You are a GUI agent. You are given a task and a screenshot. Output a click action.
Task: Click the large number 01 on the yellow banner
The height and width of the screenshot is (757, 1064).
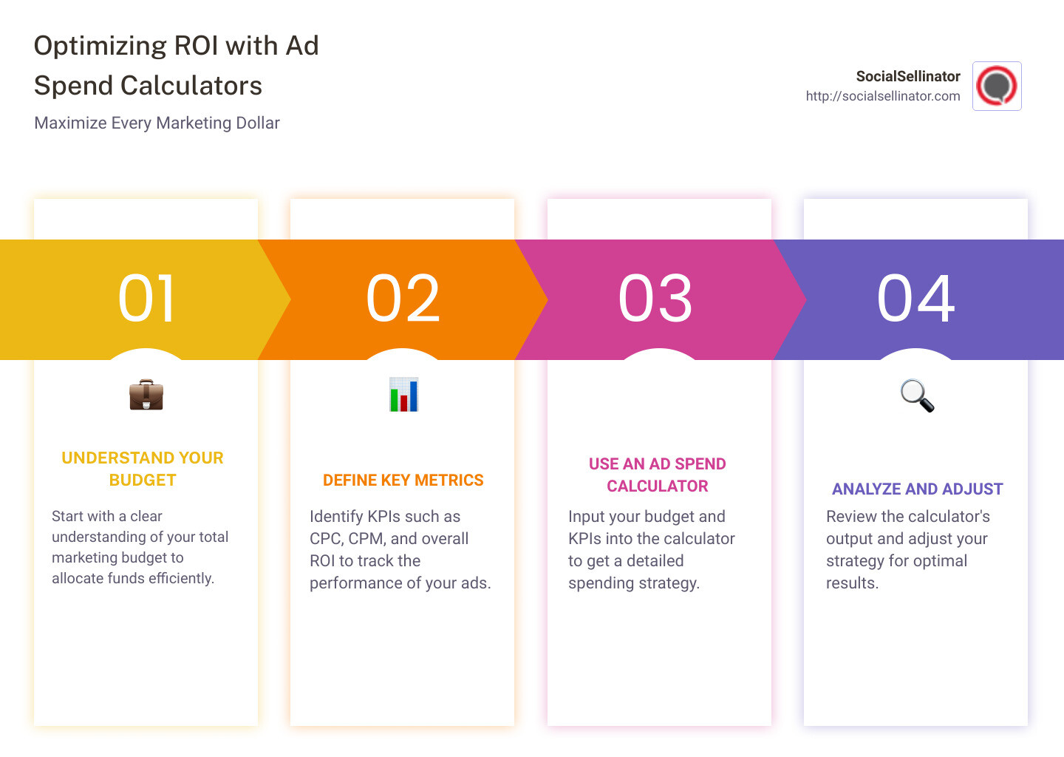(x=146, y=299)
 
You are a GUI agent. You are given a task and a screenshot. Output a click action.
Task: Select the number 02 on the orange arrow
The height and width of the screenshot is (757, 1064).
(x=403, y=299)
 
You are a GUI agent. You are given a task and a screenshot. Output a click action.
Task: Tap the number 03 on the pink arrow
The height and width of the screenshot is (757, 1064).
(x=655, y=299)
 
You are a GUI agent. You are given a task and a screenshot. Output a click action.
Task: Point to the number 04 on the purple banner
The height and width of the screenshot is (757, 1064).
(x=915, y=299)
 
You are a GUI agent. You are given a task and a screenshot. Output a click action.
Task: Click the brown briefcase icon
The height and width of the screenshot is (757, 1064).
(x=146, y=395)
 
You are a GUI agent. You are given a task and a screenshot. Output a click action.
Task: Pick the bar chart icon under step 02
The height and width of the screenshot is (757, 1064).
(x=403, y=395)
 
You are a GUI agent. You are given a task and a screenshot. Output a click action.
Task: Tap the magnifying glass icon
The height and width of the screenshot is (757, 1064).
(x=917, y=396)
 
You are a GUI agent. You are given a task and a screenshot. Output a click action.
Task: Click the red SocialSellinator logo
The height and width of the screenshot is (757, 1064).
(x=997, y=86)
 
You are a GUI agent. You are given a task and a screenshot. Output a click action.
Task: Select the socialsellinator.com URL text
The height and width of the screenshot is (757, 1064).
(x=882, y=96)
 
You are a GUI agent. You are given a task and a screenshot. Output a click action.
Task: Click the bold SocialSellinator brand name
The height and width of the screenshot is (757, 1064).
(x=907, y=76)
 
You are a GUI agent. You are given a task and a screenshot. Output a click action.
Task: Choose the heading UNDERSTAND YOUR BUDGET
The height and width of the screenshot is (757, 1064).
(x=143, y=469)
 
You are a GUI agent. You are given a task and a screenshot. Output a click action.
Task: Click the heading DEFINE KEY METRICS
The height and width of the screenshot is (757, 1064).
(x=403, y=481)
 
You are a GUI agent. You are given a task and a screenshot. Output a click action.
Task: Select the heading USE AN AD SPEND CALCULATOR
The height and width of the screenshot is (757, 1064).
(x=657, y=475)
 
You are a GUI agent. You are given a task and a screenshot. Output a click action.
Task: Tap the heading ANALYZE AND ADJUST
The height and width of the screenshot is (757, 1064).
(x=917, y=489)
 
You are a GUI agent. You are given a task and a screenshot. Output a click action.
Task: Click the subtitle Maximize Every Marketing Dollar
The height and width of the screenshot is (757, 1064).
(x=157, y=123)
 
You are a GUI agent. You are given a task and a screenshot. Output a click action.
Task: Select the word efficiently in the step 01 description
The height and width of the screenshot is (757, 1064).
(x=181, y=578)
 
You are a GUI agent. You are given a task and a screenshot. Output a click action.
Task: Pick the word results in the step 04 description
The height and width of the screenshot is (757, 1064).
(x=851, y=583)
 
